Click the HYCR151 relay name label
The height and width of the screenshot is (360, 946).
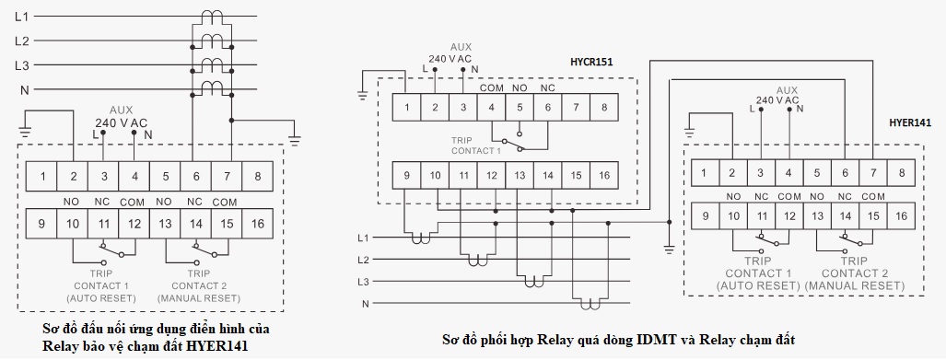591,63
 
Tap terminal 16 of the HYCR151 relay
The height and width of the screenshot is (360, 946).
603,175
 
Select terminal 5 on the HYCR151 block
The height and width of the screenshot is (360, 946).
520,108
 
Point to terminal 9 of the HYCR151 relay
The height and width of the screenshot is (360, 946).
406,175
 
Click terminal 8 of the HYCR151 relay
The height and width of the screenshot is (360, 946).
603,108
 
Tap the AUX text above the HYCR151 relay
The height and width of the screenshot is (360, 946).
461,46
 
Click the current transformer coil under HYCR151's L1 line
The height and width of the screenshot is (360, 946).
420,239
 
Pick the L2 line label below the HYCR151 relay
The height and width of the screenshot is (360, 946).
364,260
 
